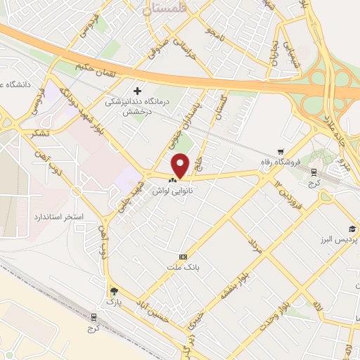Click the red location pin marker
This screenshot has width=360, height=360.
pyautogui.click(x=181, y=165)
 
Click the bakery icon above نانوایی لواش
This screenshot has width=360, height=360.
pyautogui.click(x=173, y=180)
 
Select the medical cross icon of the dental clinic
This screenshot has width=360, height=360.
pyautogui.click(x=137, y=91)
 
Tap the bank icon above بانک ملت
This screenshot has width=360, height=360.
pyautogui.click(x=184, y=256)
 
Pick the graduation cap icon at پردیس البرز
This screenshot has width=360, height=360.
pyautogui.click(x=351, y=229)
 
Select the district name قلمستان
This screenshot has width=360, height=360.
pyautogui.click(x=165, y=8)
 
